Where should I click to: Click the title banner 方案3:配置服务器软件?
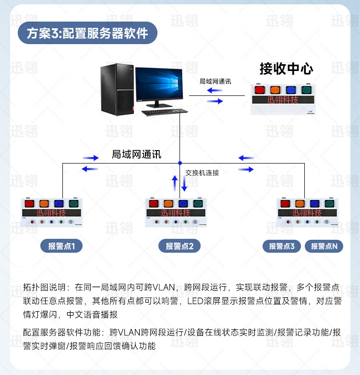click(x=87, y=33)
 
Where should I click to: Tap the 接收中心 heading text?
click(x=286, y=69)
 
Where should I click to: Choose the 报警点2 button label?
click(x=180, y=246)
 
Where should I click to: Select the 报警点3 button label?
click(x=282, y=246)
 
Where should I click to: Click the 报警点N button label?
click(x=324, y=246)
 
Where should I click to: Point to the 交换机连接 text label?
click(x=202, y=173)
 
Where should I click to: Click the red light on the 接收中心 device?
click(x=260, y=90)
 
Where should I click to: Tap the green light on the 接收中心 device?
click(x=305, y=90)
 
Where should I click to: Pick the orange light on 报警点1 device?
click(x=44, y=204)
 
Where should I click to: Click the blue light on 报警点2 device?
click(x=182, y=204)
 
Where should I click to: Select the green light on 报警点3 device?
click(x=329, y=204)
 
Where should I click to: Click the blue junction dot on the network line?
click(x=180, y=163)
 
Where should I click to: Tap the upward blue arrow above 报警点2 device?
click(x=175, y=182)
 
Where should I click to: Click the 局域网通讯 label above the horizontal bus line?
click(x=136, y=154)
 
